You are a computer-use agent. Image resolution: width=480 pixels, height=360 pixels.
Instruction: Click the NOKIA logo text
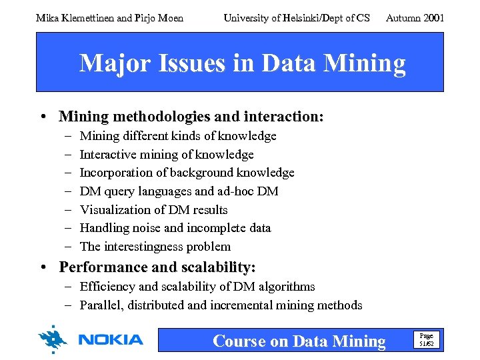tap(111, 340)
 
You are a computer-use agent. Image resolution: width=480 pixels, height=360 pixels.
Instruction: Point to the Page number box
tap(425, 339)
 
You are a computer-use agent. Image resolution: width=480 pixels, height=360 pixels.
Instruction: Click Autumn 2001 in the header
tap(415, 18)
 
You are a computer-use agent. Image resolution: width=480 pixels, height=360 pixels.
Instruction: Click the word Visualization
tap(115, 209)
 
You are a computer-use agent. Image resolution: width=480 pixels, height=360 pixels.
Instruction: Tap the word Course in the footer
tap(239, 341)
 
